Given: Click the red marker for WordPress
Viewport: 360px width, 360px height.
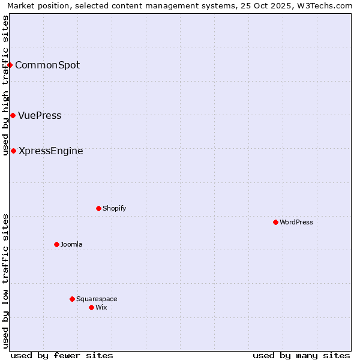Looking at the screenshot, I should (x=275, y=222).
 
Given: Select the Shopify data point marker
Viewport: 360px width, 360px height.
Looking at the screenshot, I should (x=98, y=208).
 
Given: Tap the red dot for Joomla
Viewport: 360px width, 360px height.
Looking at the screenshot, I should (x=56, y=244).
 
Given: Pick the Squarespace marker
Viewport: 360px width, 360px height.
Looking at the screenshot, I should (x=72, y=299).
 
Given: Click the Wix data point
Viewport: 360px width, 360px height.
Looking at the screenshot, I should (x=91, y=307).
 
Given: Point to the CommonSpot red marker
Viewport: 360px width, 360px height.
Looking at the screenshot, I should (x=10, y=65).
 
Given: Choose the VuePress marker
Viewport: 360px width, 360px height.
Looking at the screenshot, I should (x=13, y=115).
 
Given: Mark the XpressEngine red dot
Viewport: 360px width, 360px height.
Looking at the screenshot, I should (x=13, y=151).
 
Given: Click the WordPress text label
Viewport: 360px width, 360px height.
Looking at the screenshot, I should (x=296, y=222).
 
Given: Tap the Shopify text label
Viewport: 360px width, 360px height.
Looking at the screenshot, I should (x=114, y=208).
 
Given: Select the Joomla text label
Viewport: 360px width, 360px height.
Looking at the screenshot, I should (x=71, y=244).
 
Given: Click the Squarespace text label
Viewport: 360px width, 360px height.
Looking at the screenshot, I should (x=97, y=299).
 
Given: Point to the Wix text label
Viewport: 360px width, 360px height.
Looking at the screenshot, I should (x=101, y=307).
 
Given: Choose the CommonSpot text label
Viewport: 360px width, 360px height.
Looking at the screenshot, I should (x=47, y=65).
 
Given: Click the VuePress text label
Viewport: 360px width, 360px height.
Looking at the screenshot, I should (x=40, y=115).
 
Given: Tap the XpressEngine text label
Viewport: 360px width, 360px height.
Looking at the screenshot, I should (x=51, y=151).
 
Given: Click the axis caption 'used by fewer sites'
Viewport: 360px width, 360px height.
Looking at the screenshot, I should (x=62, y=355).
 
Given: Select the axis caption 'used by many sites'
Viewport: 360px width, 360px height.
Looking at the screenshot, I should (x=301, y=355).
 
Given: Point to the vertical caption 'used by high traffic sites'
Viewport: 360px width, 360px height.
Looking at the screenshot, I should (x=5, y=86).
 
